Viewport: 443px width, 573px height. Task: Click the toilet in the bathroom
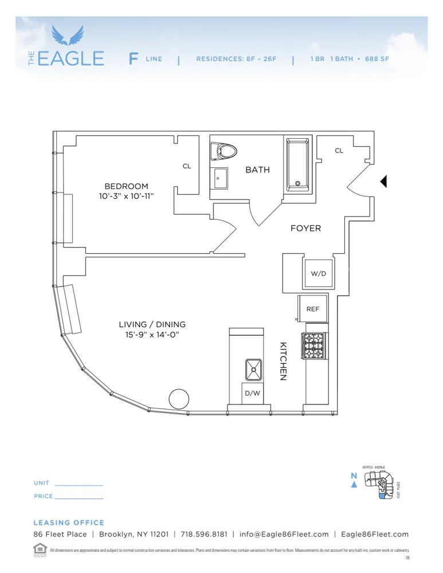[x=224, y=152]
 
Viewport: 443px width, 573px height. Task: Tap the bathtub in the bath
[x=297, y=163]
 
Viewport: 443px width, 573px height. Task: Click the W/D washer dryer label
[x=318, y=273]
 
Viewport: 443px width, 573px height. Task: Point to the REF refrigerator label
[x=312, y=309]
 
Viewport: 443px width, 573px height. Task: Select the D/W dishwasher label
[x=252, y=394]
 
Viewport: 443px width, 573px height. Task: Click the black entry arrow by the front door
[x=384, y=181]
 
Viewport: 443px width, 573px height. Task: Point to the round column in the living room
[x=178, y=398]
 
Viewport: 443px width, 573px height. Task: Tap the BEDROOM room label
[x=126, y=186]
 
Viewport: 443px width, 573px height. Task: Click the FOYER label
[x=305, y=228]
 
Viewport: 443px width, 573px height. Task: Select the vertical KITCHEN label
[x=283, y=362]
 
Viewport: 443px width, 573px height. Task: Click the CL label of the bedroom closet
[x=187, y=166]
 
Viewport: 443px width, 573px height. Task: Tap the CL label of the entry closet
[x=339, y=151]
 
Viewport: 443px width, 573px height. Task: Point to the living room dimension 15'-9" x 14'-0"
[x=152, y=335]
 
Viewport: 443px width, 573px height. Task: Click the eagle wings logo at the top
[x=68, y=36]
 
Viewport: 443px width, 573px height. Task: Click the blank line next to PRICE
[x=79, y=497]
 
